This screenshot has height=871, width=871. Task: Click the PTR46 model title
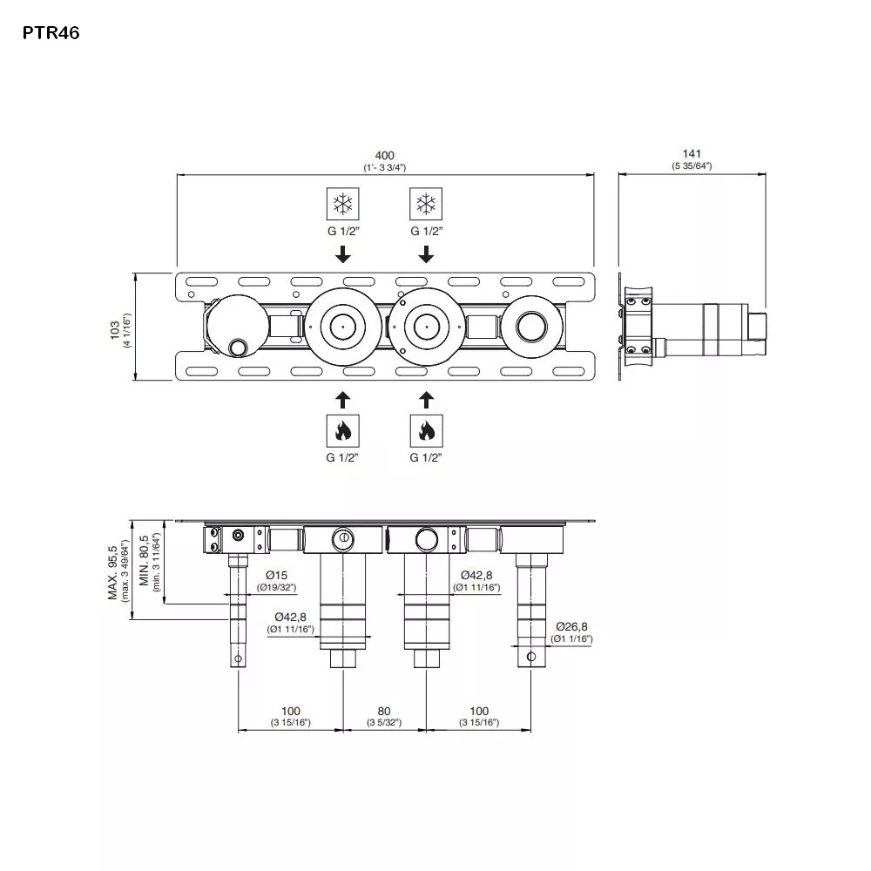51,34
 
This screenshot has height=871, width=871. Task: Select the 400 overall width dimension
385,154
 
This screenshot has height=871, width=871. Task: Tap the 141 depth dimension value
692,154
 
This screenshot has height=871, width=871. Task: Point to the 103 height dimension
115,327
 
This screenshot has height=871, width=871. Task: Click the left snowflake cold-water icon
342,204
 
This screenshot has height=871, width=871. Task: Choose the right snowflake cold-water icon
425,204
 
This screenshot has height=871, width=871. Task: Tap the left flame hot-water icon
342,429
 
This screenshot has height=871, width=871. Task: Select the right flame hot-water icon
425,429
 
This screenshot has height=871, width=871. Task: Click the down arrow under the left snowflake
342,254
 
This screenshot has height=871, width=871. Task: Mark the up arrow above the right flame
425,399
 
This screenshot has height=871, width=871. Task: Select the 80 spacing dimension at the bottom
384,711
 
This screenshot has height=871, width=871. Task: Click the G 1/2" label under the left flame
342,457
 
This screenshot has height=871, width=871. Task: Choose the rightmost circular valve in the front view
530,327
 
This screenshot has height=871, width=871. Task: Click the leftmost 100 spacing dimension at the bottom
291,711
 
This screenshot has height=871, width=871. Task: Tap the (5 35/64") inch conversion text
692,165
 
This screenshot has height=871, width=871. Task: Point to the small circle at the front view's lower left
237,348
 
